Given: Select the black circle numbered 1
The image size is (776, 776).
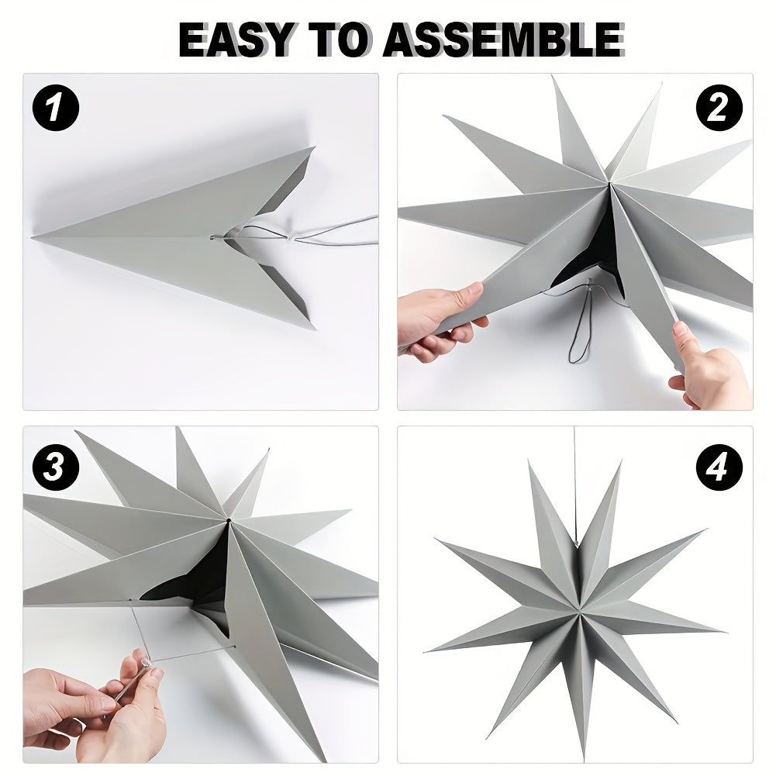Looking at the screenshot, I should click(x=56, y=108).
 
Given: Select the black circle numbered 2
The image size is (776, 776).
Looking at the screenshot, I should click(x=719, y=108).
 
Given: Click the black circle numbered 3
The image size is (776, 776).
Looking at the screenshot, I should click(x=56, y=468).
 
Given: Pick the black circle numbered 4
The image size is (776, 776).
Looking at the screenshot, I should click(x=719, y=468).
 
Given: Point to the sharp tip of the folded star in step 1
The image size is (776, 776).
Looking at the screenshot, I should click(x=36, y=236).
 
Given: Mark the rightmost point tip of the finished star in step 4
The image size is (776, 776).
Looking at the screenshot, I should click(x=721, y=629).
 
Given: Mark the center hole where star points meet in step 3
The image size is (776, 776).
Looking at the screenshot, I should click(x=229, y=517).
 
